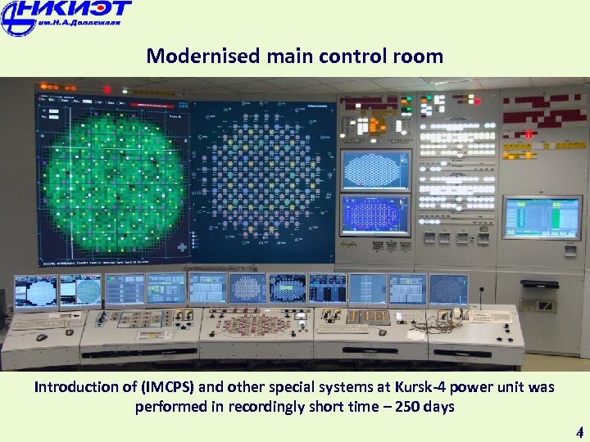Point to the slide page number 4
(579, 432)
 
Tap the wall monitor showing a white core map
(375, 169)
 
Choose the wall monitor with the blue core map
(375, 214)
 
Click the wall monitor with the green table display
(530, 217)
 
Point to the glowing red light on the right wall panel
(529, 134)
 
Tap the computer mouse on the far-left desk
(41, 336)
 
